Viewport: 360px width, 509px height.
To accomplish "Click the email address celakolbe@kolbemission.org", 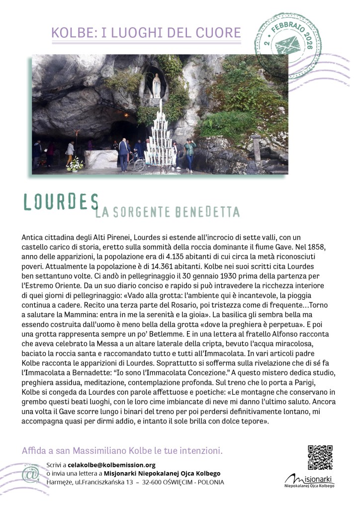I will [x=112, y=465].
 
